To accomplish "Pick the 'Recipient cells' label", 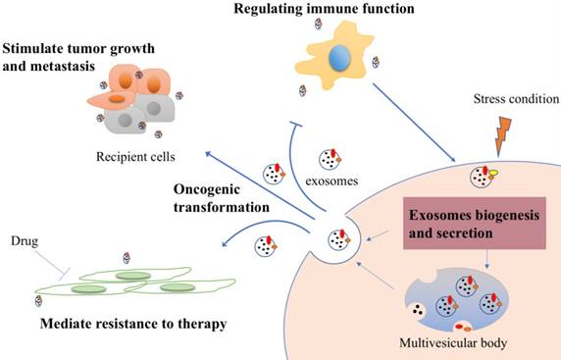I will point(129,156).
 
